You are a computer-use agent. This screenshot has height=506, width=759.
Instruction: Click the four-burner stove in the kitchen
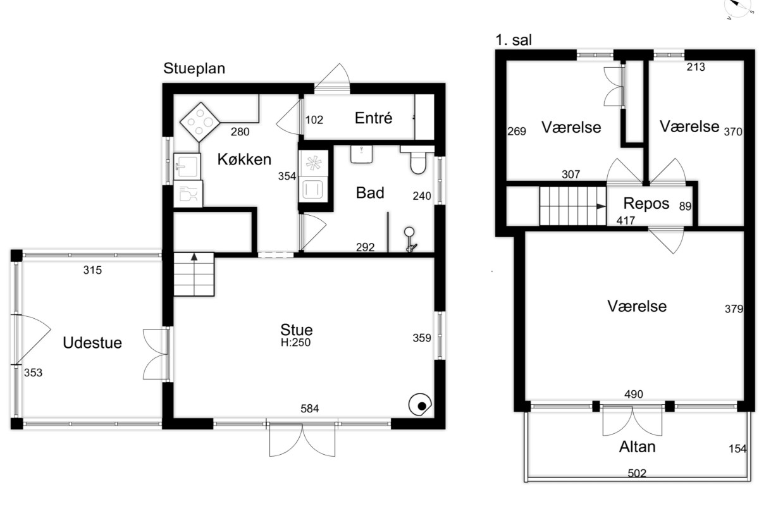(200, 122)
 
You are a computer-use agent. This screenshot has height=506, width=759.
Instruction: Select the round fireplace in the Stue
(420, 404)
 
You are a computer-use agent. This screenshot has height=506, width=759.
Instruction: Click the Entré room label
(373, 118)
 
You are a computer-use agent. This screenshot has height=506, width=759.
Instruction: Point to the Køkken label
(244, 159)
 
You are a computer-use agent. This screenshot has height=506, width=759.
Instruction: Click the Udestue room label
(92, 343)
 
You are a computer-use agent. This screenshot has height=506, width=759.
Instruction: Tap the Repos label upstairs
(646, 204)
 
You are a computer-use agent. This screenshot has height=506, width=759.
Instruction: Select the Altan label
(637, 447)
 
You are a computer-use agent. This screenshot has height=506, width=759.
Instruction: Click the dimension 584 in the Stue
(309, 409)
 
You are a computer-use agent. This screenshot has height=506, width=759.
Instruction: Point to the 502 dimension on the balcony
(637, 472)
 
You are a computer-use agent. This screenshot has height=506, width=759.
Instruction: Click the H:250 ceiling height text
(295, 342)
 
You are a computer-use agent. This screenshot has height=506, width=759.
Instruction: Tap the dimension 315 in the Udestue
(92, 270)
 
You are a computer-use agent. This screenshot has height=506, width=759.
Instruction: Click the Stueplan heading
(194, 68)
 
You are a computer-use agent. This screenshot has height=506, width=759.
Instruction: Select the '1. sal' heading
(514, 40)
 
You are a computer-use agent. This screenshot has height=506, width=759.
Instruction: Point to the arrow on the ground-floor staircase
(194, 274)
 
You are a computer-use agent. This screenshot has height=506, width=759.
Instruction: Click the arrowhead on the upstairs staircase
(601, 206)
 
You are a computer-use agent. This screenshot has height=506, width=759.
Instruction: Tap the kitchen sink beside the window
(187, 166)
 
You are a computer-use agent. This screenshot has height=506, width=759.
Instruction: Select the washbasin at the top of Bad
(362, 154)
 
